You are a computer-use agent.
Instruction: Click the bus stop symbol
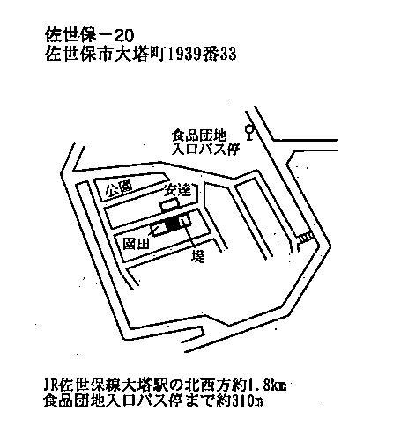coord(249,133)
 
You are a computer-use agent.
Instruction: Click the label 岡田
coord(136,244)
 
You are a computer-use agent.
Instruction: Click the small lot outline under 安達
coord(169,206)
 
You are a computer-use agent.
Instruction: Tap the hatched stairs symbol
coord(306,238)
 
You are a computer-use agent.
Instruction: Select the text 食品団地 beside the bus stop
coord(199,136)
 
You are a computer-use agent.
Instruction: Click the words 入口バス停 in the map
coord(205,150)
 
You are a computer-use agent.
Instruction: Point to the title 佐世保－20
coord(90,35)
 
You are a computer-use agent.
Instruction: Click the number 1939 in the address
coord(183,55)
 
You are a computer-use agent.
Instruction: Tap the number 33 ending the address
coord(228,55)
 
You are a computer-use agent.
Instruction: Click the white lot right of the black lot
coord(185,222)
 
